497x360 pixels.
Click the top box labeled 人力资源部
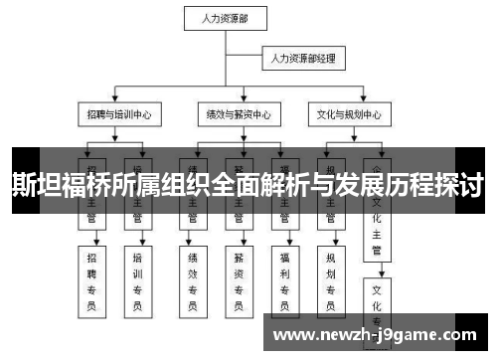(225, 17)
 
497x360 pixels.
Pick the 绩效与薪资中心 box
(235, 114)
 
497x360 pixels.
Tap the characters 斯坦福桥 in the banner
(55, 184)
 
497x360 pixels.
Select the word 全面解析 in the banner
(248, 184)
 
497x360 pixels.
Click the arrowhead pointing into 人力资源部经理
(260, 60)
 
